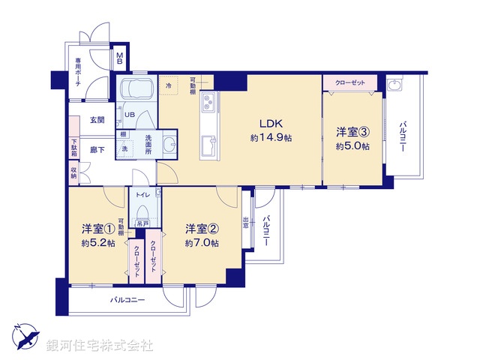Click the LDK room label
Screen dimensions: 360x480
pos(271,124)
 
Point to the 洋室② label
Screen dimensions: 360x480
pos(202,229)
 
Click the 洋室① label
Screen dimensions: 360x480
pos(98,229)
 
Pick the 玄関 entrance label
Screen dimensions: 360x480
pos(97,120)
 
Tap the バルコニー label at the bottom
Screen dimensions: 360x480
pos(127,300)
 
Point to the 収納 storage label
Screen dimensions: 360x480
pos(74,172)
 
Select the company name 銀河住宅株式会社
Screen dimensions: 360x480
pos(100,346)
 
